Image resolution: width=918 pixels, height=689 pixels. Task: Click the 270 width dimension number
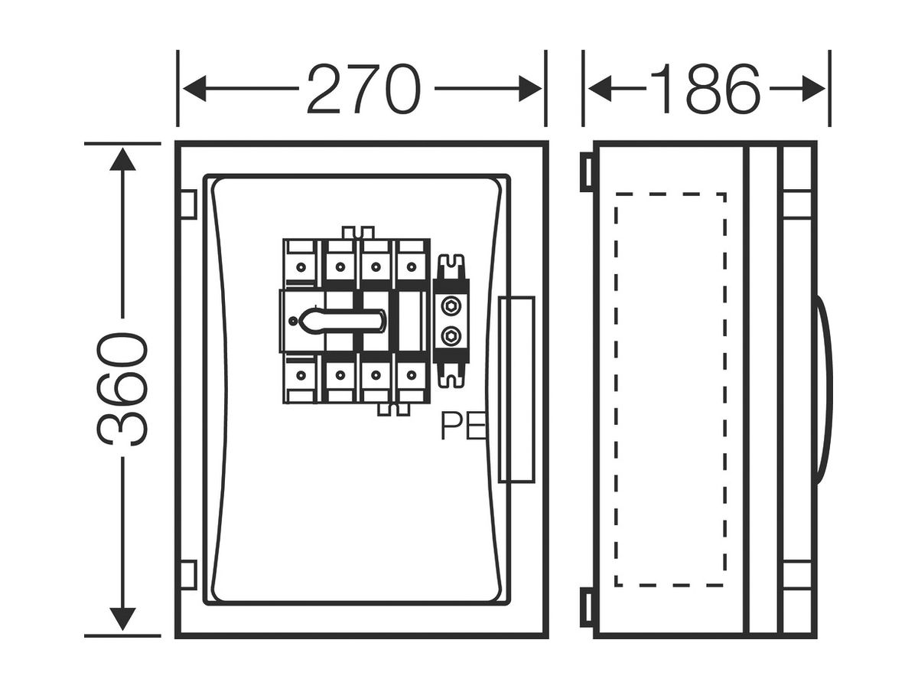point(363,89)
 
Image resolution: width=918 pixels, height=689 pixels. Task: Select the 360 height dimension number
point(122,389)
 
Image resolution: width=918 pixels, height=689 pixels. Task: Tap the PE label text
point(464,426)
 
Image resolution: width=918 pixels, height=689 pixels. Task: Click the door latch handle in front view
point(517,390)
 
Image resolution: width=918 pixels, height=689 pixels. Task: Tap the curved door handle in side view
point(825,390)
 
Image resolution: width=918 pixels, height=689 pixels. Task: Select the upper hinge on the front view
point(188,204)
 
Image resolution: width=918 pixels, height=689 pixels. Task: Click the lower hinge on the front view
point(188,575)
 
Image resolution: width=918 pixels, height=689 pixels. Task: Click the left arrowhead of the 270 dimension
point(194,89)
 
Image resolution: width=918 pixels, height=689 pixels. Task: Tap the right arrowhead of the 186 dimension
point(813,89)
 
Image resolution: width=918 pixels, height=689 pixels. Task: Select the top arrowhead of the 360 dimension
point(122,159)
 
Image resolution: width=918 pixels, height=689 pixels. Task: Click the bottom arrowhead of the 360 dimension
point(122,619)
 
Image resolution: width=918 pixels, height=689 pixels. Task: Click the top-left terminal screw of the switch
point(301,267)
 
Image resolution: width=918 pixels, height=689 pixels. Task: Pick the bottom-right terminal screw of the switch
point(412,375)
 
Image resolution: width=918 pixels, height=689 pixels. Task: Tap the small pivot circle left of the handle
point(294,322)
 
